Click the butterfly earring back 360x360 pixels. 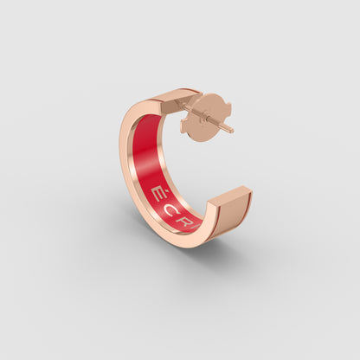[x=206, y=117]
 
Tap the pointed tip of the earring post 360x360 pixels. [x=232, y=132]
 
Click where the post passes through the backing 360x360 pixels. [x=208, y=119]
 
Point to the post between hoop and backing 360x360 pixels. [x=190, y=108]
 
